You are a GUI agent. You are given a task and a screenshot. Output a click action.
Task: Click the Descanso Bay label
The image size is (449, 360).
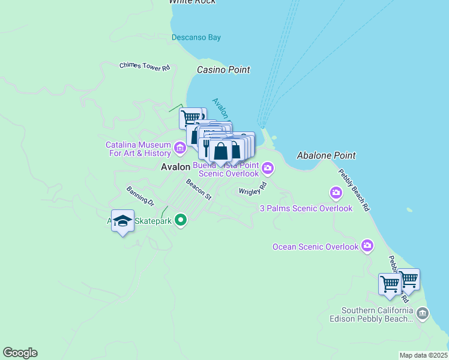(x=196, y=37)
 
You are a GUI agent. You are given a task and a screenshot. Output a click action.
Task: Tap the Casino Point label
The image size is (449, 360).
(x=223, y=70)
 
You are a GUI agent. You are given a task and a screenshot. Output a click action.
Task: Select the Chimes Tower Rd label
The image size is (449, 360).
(x=145, y=67)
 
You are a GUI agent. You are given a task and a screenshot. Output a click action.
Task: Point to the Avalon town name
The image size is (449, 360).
(x=175, y=167)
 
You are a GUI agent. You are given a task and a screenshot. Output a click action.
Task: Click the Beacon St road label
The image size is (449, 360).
(x=199, y=189)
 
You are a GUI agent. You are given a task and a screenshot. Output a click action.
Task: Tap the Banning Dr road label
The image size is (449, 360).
(x=140, y=196)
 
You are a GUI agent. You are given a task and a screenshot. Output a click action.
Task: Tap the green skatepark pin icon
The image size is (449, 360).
(x=181, y=221)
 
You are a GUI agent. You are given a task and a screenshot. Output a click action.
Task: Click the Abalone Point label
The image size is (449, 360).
(x=326, y=155)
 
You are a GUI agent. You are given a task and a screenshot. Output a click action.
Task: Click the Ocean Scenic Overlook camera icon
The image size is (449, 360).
(x=367, y=246)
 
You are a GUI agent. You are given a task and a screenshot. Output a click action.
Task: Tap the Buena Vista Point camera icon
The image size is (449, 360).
(x=268, y=169)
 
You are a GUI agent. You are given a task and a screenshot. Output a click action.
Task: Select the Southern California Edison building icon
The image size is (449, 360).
(x=423, y=313)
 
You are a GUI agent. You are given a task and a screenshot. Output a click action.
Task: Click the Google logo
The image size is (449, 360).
(x=20, y=353)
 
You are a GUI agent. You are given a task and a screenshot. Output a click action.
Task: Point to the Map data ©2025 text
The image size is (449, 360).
(x=423, y=355)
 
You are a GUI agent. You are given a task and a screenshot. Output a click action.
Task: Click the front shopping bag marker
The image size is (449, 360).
(x=221, y=151)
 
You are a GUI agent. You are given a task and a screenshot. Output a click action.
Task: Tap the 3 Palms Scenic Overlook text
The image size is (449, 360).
(x=306, y=208)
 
